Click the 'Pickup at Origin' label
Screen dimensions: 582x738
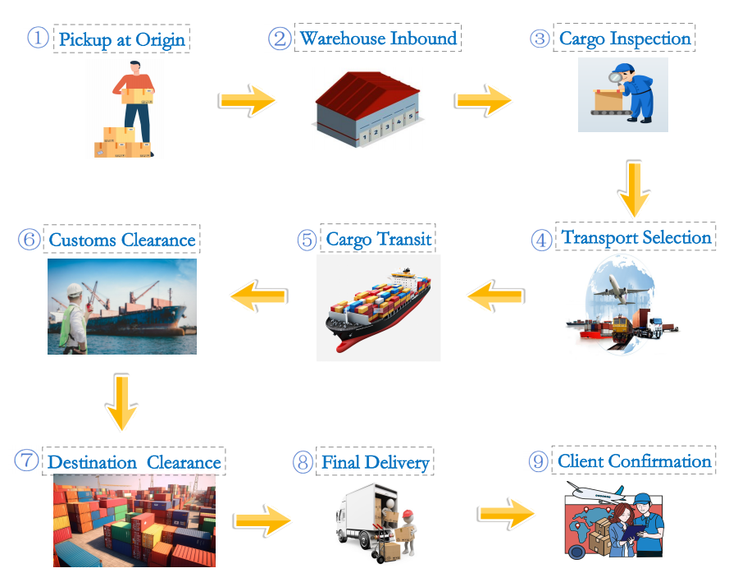[x=121, y=39]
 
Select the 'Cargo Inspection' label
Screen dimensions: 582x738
[x=625, y=39]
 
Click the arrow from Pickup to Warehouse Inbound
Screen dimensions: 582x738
[x=247, y=100]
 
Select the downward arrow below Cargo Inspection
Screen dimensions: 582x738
[x=634, y=187]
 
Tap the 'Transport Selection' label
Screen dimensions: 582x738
[x=636, y=238]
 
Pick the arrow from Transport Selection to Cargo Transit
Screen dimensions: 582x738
[x=494, y=295]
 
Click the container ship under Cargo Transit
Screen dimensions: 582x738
[x=379, y=310]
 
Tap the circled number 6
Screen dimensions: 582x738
[x=29, y=240]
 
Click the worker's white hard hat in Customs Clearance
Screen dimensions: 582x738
[x=75, y=289]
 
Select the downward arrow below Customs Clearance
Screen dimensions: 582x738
[x=121, y=402]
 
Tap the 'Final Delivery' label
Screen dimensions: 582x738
[x=376, y=462]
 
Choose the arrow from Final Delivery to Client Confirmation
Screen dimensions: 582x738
[x=506, y=514]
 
